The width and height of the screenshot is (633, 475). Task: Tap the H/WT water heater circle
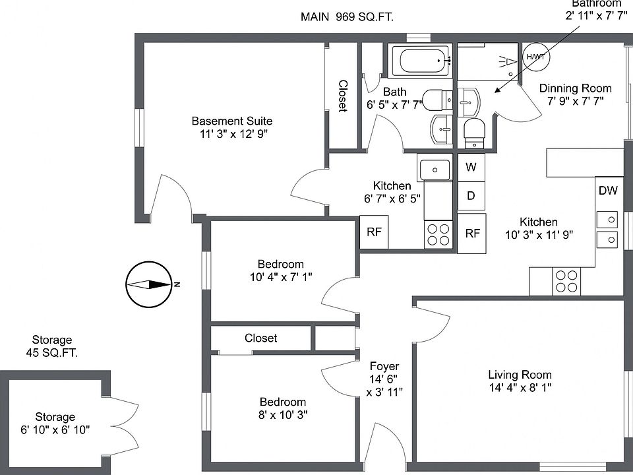pos(535,57)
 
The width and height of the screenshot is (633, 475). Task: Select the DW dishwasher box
pos(608,191)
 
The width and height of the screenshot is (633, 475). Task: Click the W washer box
pos(471,167)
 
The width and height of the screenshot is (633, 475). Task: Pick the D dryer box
pos(471,195)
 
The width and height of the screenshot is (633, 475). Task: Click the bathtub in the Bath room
pos(420,62)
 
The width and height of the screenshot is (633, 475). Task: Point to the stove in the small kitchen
pos(438,234)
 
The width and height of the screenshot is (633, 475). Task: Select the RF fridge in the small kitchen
pos(374,232)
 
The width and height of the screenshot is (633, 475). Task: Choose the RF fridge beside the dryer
pos(472,233)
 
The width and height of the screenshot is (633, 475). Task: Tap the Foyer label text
pos(384,366)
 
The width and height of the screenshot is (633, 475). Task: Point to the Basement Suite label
pos(231,121)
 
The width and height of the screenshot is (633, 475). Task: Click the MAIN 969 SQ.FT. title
pos(347,17)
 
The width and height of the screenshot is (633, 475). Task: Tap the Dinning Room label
pos(575,88)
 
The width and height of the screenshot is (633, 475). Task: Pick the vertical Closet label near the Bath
pos(343,96)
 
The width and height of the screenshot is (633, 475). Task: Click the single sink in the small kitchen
pos(435,170)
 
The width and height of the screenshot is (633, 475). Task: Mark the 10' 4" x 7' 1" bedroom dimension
pos(281,278)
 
